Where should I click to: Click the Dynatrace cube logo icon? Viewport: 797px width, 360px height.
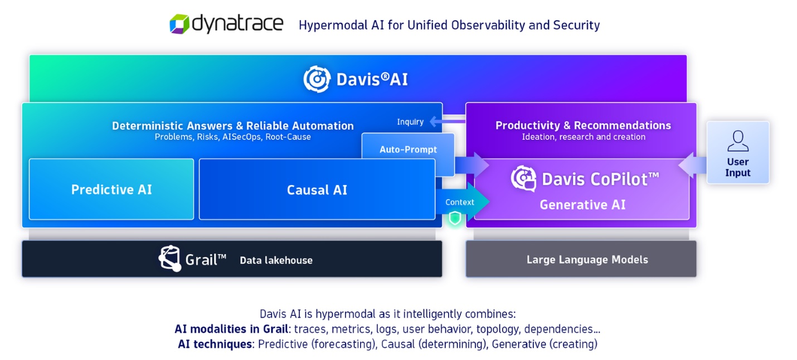pyautogui.click(x=179, y=24)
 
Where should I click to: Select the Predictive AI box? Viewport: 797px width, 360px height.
pyautogui.click(x=111, y=189)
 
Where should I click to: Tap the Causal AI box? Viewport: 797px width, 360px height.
pyautogui.click(x=317, y=190)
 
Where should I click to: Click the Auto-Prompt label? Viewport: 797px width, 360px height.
pyautogui.click(x=408, y=149)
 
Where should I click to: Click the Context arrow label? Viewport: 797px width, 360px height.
pyautogui.click(x=459, y=202)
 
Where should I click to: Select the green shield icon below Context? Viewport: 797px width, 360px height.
pyautogui.click(x=455, y=218)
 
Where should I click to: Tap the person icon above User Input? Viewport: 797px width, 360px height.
pyautogui.click(x=737, y=141)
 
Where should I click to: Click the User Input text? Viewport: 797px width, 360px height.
pyautogui.click(x=737, y=167)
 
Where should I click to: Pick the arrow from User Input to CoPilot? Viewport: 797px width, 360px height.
pyautogui.click(x=692, y=165)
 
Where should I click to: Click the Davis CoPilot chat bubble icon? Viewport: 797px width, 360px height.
pyautogui.click(x=523, y=178)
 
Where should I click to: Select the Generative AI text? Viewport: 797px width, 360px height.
pyautogui.click(x=582, y=205)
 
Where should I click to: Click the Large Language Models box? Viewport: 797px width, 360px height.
pyautogui.click(x=581, y=259)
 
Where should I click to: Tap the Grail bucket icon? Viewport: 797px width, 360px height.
pyautogui.click(x=169, y=259)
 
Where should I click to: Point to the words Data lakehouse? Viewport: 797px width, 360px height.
pyautogui.click(x=276, y=260)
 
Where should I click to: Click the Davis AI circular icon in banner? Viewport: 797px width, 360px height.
pyautogui.click(x=317, y=79)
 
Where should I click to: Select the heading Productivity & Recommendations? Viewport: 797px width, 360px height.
pyautogui.click(x=583, y=125)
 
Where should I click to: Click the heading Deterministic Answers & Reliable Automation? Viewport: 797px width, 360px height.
pyautogui.click(x=232, y=125)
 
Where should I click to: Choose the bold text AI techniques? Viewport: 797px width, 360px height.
pyautogui.click(x=215, y=344)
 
